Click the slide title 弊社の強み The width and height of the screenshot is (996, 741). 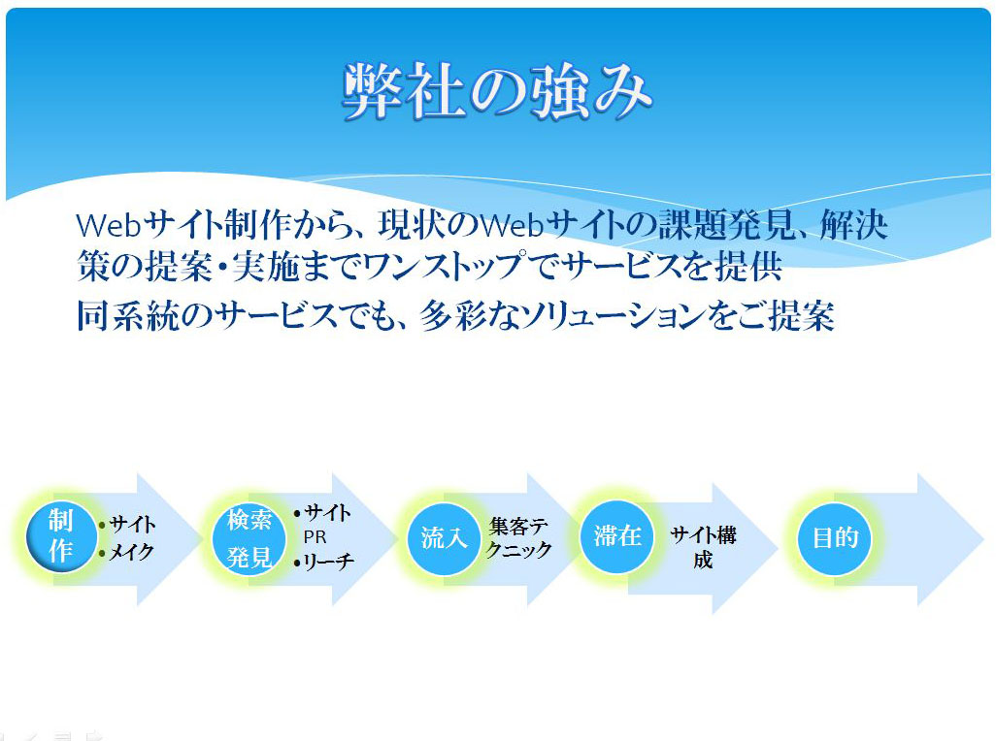(497, 93)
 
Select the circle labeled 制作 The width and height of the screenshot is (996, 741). (61, 536)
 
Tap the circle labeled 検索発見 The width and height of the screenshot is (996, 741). (249, 537)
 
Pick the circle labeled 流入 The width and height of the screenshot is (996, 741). (445, 538)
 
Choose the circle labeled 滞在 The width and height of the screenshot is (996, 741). (616, 535)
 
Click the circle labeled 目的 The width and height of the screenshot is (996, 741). (835, 537)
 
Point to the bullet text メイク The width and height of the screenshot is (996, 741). (132, 553)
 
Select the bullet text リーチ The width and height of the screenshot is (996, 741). (328, 561)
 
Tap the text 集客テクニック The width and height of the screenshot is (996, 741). (520, 538)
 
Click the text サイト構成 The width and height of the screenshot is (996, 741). (703, 547)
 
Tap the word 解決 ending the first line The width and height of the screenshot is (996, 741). (853, 227)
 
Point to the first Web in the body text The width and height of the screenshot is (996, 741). (108, 227)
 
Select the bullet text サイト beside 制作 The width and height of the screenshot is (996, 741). (132, 525)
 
